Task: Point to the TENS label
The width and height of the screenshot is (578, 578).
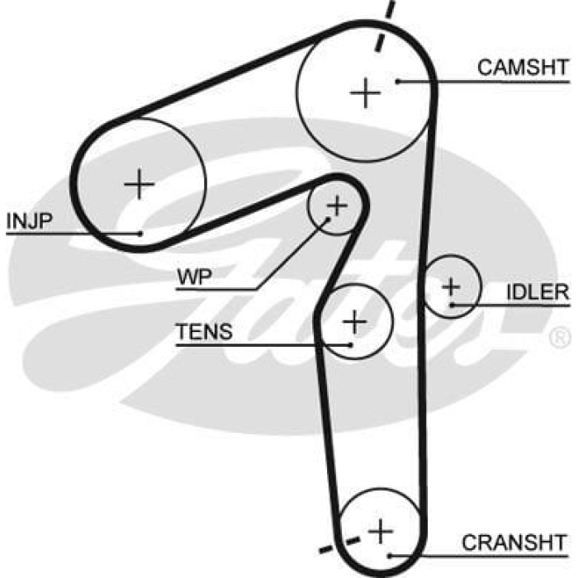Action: [203, 332]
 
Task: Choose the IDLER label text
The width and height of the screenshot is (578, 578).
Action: [538, 292]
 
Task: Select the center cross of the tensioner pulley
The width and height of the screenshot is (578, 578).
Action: [354, 320]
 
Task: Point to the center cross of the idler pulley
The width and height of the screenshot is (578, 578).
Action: [451, 287]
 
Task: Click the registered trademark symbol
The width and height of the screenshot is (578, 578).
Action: [559, 337]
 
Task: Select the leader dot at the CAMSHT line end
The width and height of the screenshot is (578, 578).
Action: [397, 80]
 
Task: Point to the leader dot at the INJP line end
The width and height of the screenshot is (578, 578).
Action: [141, 234]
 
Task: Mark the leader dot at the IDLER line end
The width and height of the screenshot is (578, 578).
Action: [452, 306]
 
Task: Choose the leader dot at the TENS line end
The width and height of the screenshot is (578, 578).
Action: [352, 344]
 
